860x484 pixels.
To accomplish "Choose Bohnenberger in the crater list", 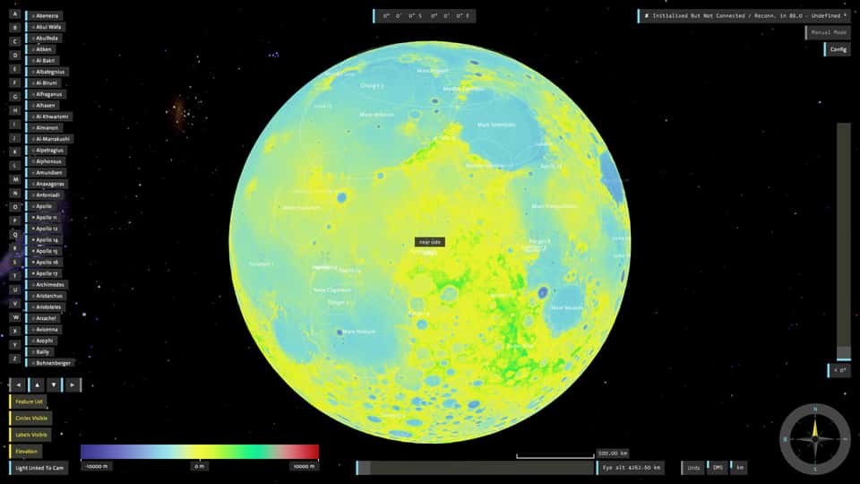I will pyautogui.click(x=54, y=363).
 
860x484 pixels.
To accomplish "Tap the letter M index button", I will pyautogui.click(x=15, y=179).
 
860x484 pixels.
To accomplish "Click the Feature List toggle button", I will pyautogui.click(x=28, y=402).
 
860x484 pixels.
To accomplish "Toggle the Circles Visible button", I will pyautogui.click(x=30, y=419).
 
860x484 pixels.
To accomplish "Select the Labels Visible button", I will pyautogui.click(x=30, y=435).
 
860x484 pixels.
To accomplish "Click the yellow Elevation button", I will pyautogui.click(x=26, y=451).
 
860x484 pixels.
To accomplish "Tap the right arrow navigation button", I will pyautogui.click(x=73, y=385).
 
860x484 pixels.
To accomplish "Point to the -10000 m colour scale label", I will pyautogui.click(x=96, y=466).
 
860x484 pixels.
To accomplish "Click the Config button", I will pyautogui.click(x=838, y=49).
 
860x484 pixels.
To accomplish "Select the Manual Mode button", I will pyautogui.click(x=828, y=32).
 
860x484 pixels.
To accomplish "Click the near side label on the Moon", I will pyautogui.click(x=430, y=242).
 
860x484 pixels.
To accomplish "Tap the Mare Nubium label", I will pyautogui.click(x=360, y=332).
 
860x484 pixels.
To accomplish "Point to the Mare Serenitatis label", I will pyautogui.click(x=496, y=125).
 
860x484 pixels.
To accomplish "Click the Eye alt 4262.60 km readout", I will pyautogui.click(x=632, y=468).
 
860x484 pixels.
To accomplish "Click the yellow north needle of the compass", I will pyautogui.click(x=815, y=426).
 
